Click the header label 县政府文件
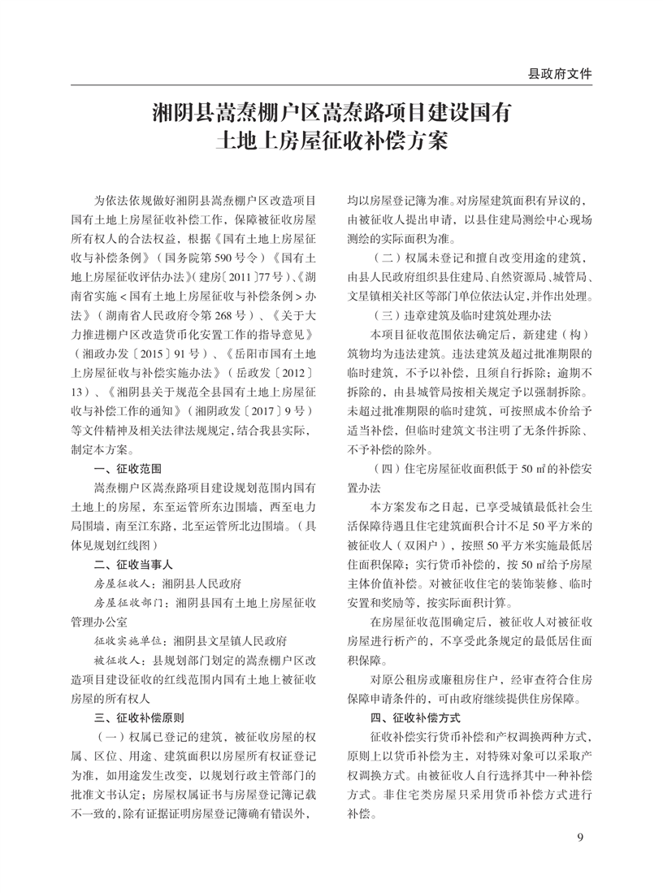560,73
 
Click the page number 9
580,838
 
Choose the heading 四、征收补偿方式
416,717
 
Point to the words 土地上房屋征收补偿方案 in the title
331,142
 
